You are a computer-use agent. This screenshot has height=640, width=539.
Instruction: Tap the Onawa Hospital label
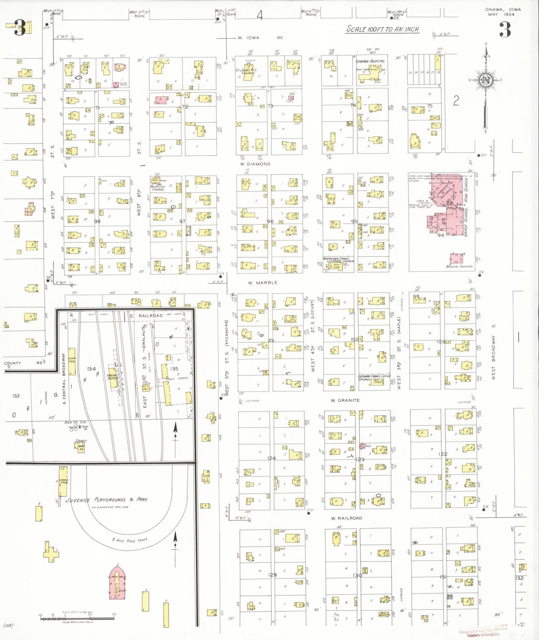[370, 62]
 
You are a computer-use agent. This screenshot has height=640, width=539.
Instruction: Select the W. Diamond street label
[255, 164]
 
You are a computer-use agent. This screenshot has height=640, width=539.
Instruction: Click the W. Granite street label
[345, 400]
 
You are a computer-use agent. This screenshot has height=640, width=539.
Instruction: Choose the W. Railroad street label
[346, 518]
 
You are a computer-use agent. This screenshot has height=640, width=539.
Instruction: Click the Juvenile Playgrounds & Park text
[107, 500]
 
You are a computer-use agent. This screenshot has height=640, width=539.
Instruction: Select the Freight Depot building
[112, 378]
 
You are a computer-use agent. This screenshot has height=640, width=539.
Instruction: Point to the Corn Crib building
[72, 361]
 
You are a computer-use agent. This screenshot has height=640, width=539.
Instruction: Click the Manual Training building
[456, 259]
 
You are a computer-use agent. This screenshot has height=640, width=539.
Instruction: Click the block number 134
[92, 369]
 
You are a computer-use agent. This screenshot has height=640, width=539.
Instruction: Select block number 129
[272, 575]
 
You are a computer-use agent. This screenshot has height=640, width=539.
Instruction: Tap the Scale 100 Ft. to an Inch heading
[382, 29]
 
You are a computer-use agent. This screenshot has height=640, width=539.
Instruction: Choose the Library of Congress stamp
[483, 632]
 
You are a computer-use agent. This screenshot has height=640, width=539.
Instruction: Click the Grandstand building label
[63, 481]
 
